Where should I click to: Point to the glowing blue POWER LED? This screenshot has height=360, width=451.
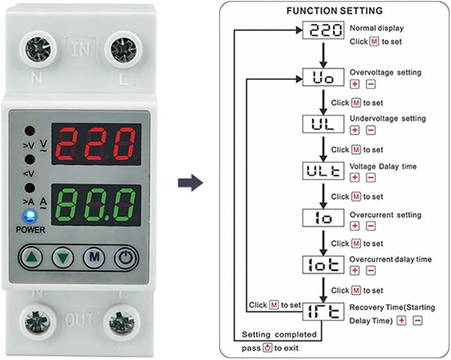[x=30, y=217]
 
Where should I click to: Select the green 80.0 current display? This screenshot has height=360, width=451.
[x=96, y=205]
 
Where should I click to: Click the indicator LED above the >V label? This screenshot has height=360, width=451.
[x=30, y=131]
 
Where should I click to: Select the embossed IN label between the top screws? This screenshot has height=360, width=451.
[x=81, y=49]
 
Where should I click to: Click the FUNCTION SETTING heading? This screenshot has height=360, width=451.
[x=334, y=11]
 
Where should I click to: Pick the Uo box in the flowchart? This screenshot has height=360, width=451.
[x=323, y=77]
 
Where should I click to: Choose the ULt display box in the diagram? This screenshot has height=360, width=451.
[x=323, y=171]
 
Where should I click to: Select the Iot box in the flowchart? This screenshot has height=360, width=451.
[x=323, y=264]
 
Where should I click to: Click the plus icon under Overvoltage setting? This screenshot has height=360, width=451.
[x=354, y=84]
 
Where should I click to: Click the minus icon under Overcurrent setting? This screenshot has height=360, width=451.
[x=371, y=226]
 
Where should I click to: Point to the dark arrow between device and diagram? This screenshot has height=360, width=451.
[x=190, y=182]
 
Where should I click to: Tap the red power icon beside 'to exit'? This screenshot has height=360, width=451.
[x=268, y=348]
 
